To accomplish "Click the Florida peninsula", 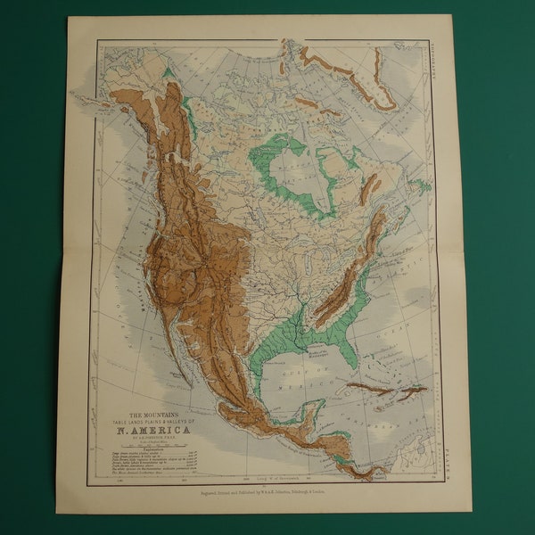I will coord(349,352).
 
